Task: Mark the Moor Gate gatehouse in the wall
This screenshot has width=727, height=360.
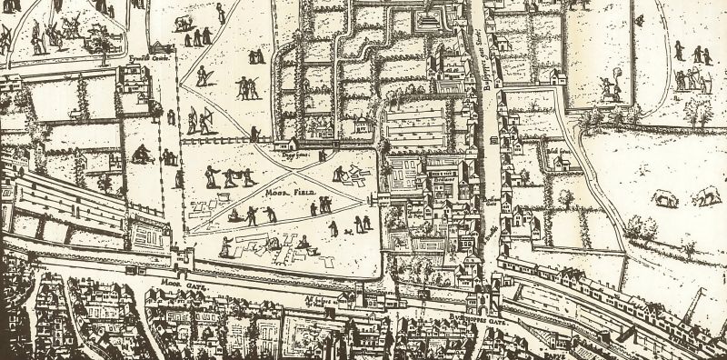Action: pos(181,258)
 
